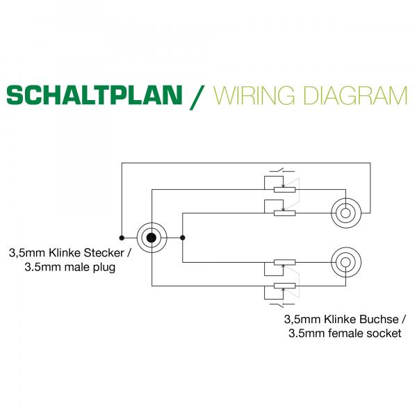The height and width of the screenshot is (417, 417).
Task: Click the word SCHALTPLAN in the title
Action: tap(95, 95)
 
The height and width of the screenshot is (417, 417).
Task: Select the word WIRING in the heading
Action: tap(254, 95)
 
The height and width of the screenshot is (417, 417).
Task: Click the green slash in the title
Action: tap(197, 97)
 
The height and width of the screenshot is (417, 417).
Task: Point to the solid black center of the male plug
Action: tap(152, 238)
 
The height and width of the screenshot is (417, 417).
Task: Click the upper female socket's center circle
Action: tap(345, 213)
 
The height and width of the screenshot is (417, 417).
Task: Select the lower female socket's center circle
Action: tap(345, 262)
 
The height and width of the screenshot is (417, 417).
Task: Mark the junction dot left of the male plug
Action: tap(122, 238)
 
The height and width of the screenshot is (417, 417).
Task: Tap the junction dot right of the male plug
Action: tap(182, 238)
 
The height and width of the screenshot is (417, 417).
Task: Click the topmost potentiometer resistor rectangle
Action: tap(284, 190)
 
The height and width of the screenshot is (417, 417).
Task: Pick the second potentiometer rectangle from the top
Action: tap(284, 213)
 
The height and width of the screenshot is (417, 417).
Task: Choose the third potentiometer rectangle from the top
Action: tap(284, 262)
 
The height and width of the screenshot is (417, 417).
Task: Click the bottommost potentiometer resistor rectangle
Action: tap(284, 286)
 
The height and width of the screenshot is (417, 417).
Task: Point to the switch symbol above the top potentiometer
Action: tap(282, 170)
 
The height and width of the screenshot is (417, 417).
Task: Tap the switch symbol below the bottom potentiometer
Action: tap(282, 305)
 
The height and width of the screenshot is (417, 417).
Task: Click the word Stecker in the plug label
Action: tap(104, 253)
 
